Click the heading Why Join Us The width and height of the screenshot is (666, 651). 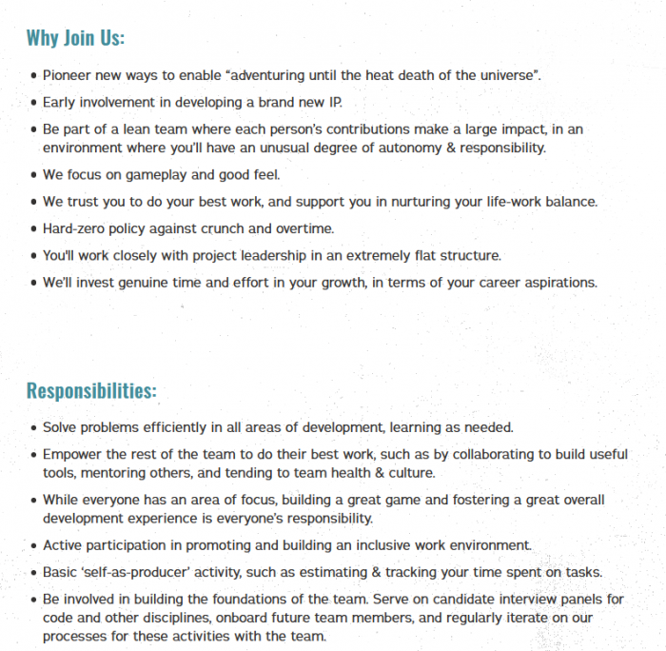(75, 38)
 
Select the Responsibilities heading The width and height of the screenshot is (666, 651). (90, 391)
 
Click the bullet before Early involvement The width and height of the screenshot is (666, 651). (34, 102)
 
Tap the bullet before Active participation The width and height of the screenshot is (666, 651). (34, 545)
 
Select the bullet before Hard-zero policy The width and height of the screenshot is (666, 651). (34, 228)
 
